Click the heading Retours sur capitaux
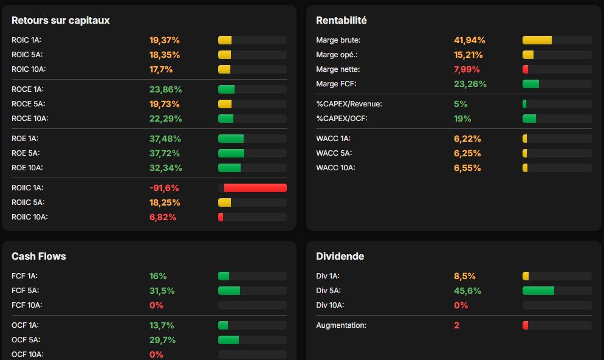point(61,21)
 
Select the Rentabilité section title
point(341,21)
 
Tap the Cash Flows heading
point(38,256)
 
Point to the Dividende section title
point(340,256)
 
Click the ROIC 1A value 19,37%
point(165,40)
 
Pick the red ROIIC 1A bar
point(255,188)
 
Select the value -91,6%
point(164,188)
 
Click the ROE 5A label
point(26,153)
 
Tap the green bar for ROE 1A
point(231,139)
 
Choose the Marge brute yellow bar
point(537,40)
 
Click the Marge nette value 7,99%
point(467,69)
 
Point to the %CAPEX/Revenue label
point(349,104)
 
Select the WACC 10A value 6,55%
point(467,168)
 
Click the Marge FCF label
point(336,84)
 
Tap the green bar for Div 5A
point(538,291)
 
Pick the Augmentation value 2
point(457,325)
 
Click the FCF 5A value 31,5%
point(162,291)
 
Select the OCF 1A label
point(25,325)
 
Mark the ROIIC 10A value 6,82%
point(163,217)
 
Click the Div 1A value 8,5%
point(465,276)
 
